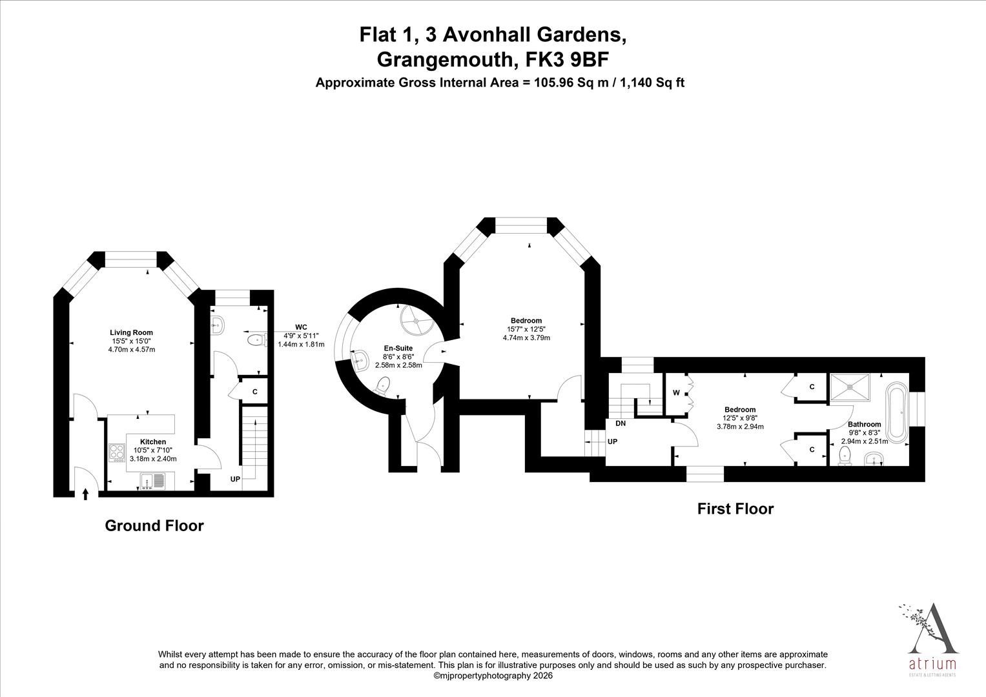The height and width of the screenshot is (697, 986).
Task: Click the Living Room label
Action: click(131, 332)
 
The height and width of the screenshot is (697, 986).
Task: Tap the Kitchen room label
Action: click(153, 442)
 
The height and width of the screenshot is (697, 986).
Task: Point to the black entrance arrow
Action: click(86, 494)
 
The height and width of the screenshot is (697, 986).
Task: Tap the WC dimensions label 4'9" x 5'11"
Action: click(301, 336)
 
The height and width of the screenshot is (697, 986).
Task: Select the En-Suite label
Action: click(398, 348)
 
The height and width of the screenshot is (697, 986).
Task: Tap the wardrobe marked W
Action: click(676, 392)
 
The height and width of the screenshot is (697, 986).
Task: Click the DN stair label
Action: click(621, 424)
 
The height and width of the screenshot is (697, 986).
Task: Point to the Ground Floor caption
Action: click(154, 526)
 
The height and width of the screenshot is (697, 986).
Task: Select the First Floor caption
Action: click(735, 509)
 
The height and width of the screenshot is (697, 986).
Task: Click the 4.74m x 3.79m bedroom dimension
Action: click(526, 338)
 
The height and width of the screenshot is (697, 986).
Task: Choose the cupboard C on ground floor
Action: click(255, 392)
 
